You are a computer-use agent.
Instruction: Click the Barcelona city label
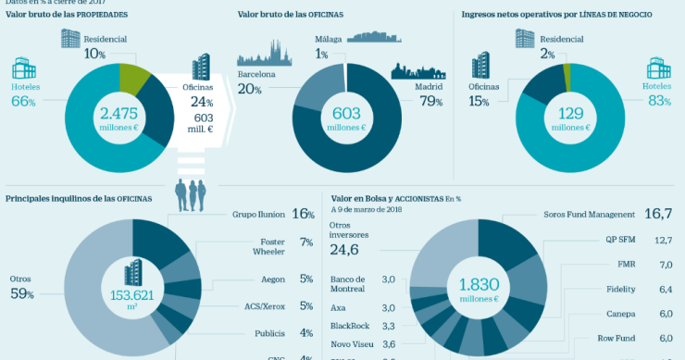256,72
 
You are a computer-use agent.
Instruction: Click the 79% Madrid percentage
431,102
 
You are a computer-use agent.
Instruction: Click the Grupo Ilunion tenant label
256,214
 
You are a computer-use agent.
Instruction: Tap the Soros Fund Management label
587,214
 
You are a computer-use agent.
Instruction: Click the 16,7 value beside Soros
657,214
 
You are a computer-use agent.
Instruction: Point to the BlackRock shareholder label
348,326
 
